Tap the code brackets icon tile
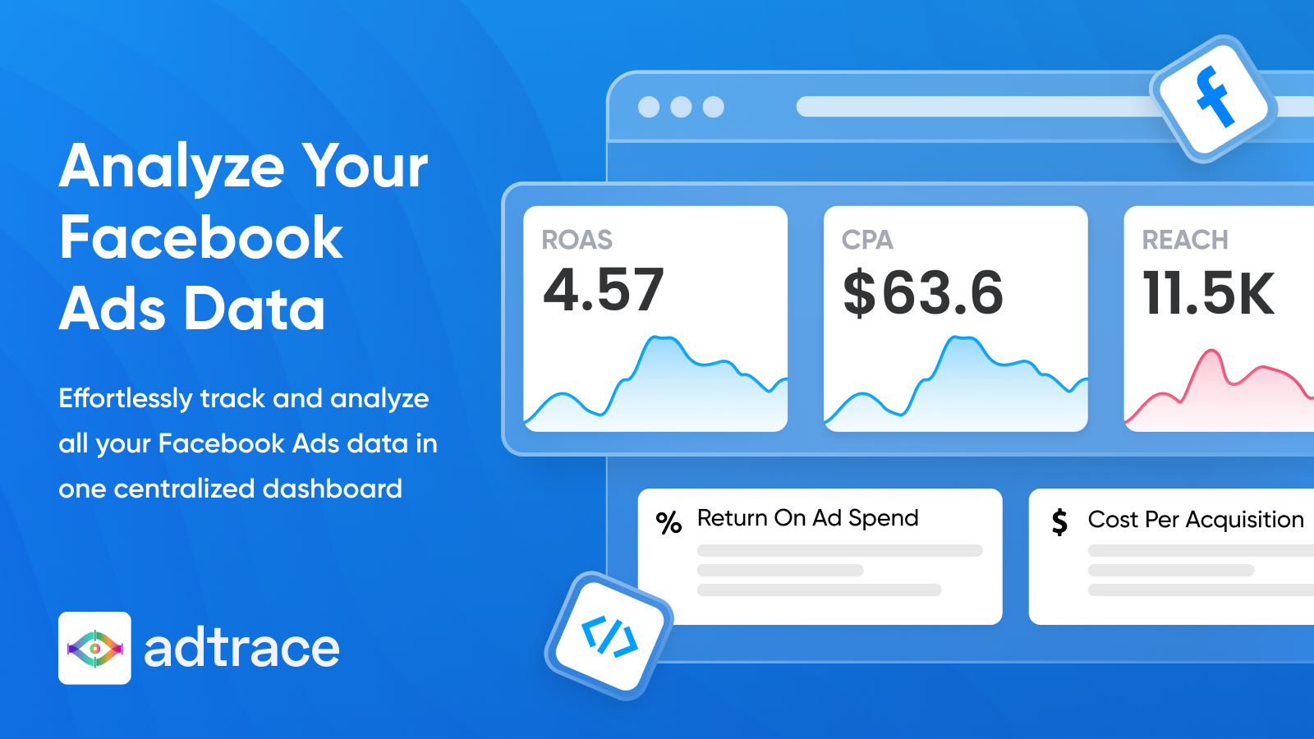609,636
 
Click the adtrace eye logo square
94,648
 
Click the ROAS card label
577,240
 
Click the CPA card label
867,240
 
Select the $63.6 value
923,292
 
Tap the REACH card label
1185,240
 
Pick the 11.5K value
1208,292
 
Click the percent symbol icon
668,522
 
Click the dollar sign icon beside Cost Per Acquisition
1059,522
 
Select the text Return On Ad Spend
808,518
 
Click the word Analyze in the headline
172,168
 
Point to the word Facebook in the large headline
200,237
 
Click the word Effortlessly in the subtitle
126,399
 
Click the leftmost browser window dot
649,107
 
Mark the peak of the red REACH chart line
1211,351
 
